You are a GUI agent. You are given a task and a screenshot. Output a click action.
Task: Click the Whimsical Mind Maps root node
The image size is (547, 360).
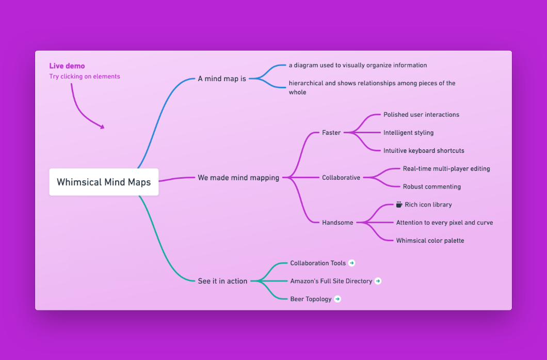104,182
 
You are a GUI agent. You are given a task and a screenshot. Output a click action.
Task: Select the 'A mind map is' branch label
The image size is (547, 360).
222,79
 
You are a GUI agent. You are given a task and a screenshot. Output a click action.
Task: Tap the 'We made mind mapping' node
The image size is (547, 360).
238,178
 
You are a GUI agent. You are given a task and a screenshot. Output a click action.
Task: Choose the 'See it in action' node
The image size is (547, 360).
222,281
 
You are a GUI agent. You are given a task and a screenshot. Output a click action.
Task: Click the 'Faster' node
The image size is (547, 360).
331,133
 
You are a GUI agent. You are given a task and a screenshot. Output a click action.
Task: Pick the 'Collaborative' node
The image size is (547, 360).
341,178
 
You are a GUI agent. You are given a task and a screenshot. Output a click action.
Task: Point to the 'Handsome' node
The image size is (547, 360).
337,223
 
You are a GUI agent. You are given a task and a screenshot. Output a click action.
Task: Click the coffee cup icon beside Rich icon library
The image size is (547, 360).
399,205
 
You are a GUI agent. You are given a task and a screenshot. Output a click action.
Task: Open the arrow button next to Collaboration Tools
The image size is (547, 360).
351,263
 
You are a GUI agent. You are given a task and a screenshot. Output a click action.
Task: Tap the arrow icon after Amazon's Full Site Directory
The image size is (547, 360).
378,281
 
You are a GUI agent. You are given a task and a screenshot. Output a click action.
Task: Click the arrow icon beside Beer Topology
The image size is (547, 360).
337,299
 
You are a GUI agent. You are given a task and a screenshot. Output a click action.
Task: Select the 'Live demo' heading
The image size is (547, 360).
67,66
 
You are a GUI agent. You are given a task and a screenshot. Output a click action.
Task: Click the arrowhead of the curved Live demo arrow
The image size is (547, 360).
102,127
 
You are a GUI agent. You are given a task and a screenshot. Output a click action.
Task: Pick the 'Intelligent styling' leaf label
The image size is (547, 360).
409,133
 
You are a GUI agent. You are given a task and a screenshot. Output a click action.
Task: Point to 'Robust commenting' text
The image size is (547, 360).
432,187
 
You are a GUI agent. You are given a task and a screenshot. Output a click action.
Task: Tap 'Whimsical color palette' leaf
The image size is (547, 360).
430,241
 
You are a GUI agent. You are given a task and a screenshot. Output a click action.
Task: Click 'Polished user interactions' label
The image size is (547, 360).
422,115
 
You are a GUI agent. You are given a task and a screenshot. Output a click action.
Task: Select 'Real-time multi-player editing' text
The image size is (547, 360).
446,169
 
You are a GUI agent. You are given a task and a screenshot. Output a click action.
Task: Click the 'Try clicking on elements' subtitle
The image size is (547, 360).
85,76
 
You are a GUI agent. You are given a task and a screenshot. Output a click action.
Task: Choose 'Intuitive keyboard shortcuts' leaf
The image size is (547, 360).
424,151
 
